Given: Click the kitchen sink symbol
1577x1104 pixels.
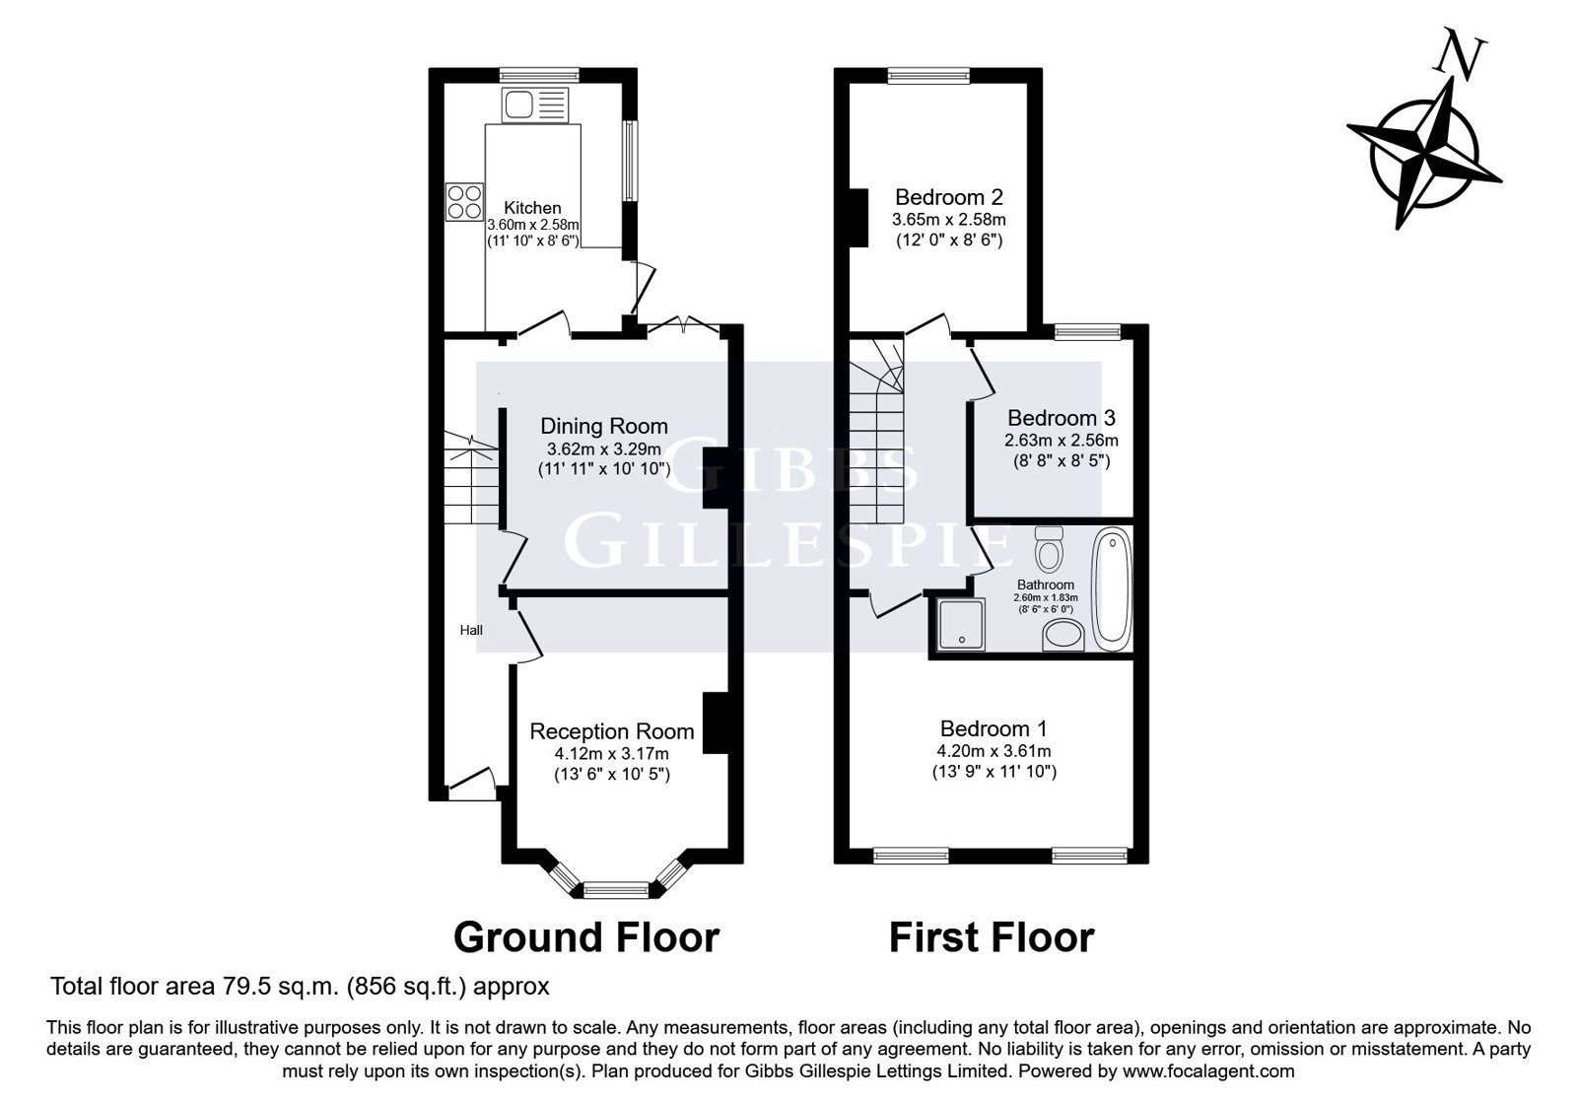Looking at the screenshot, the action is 534,104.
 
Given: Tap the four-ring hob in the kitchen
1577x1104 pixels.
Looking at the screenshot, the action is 464,201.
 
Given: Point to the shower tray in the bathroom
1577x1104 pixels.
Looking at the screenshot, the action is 962,625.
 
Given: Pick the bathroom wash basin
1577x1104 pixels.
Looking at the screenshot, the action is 1063,636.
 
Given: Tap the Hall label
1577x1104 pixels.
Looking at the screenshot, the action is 471,630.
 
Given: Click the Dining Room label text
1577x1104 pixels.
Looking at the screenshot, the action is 604,426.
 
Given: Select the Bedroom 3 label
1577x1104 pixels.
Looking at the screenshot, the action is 1061,418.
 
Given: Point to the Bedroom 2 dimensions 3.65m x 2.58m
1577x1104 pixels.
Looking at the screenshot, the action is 948,220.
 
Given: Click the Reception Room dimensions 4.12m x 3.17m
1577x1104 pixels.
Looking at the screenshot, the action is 612,754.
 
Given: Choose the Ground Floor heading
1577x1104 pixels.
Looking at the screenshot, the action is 586,937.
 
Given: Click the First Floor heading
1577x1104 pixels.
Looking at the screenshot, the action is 992,937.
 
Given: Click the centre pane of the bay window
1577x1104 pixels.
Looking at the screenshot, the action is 616,891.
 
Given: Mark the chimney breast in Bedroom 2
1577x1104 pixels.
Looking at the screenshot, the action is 858,218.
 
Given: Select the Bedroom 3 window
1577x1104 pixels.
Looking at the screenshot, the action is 1087,331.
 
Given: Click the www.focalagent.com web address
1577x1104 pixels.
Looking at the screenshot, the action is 1208,1071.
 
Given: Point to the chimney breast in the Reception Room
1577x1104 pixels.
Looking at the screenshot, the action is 715,724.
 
